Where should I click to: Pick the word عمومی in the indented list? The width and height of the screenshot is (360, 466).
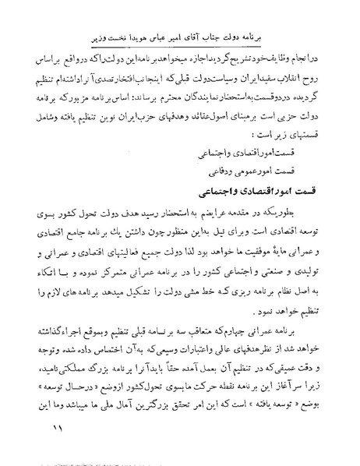252,186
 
